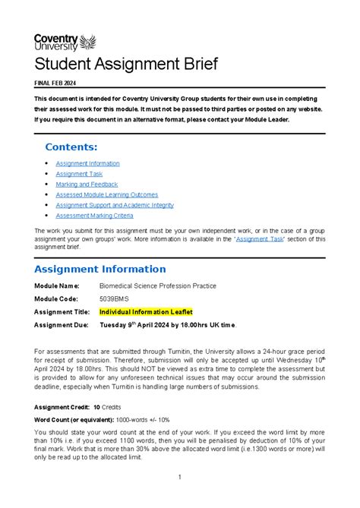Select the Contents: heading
[x=71, y=147]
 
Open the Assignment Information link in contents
[x=87, y=163]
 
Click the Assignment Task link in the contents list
[x=79, y=174]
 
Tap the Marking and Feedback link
[x=87, y=185]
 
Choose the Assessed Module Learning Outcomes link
[x=107, y=194]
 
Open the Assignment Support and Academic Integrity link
[x=115, y=205]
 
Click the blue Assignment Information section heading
[x=100, y=269]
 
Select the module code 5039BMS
[x=115, y=298]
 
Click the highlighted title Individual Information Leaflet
[x=146, y=311]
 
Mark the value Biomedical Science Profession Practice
[x=158, y=286]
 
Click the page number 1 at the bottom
[x=180, y=478]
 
